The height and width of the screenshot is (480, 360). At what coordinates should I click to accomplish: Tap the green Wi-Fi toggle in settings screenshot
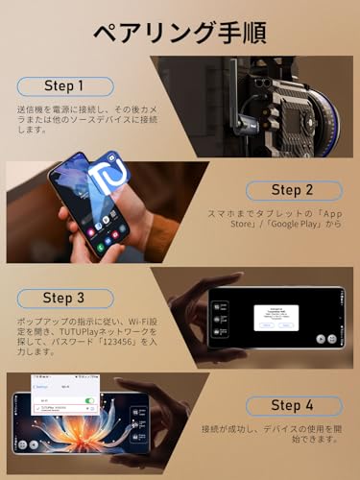tap(90, 398)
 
